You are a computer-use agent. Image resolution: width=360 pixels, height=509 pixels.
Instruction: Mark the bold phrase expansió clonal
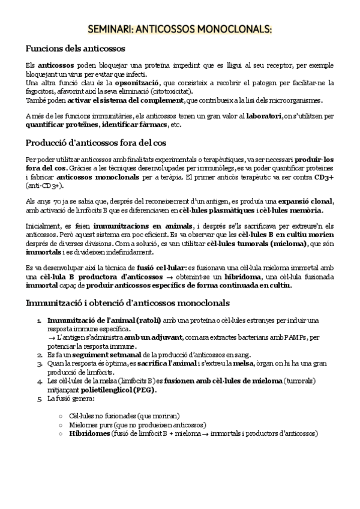tap(300, 200)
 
